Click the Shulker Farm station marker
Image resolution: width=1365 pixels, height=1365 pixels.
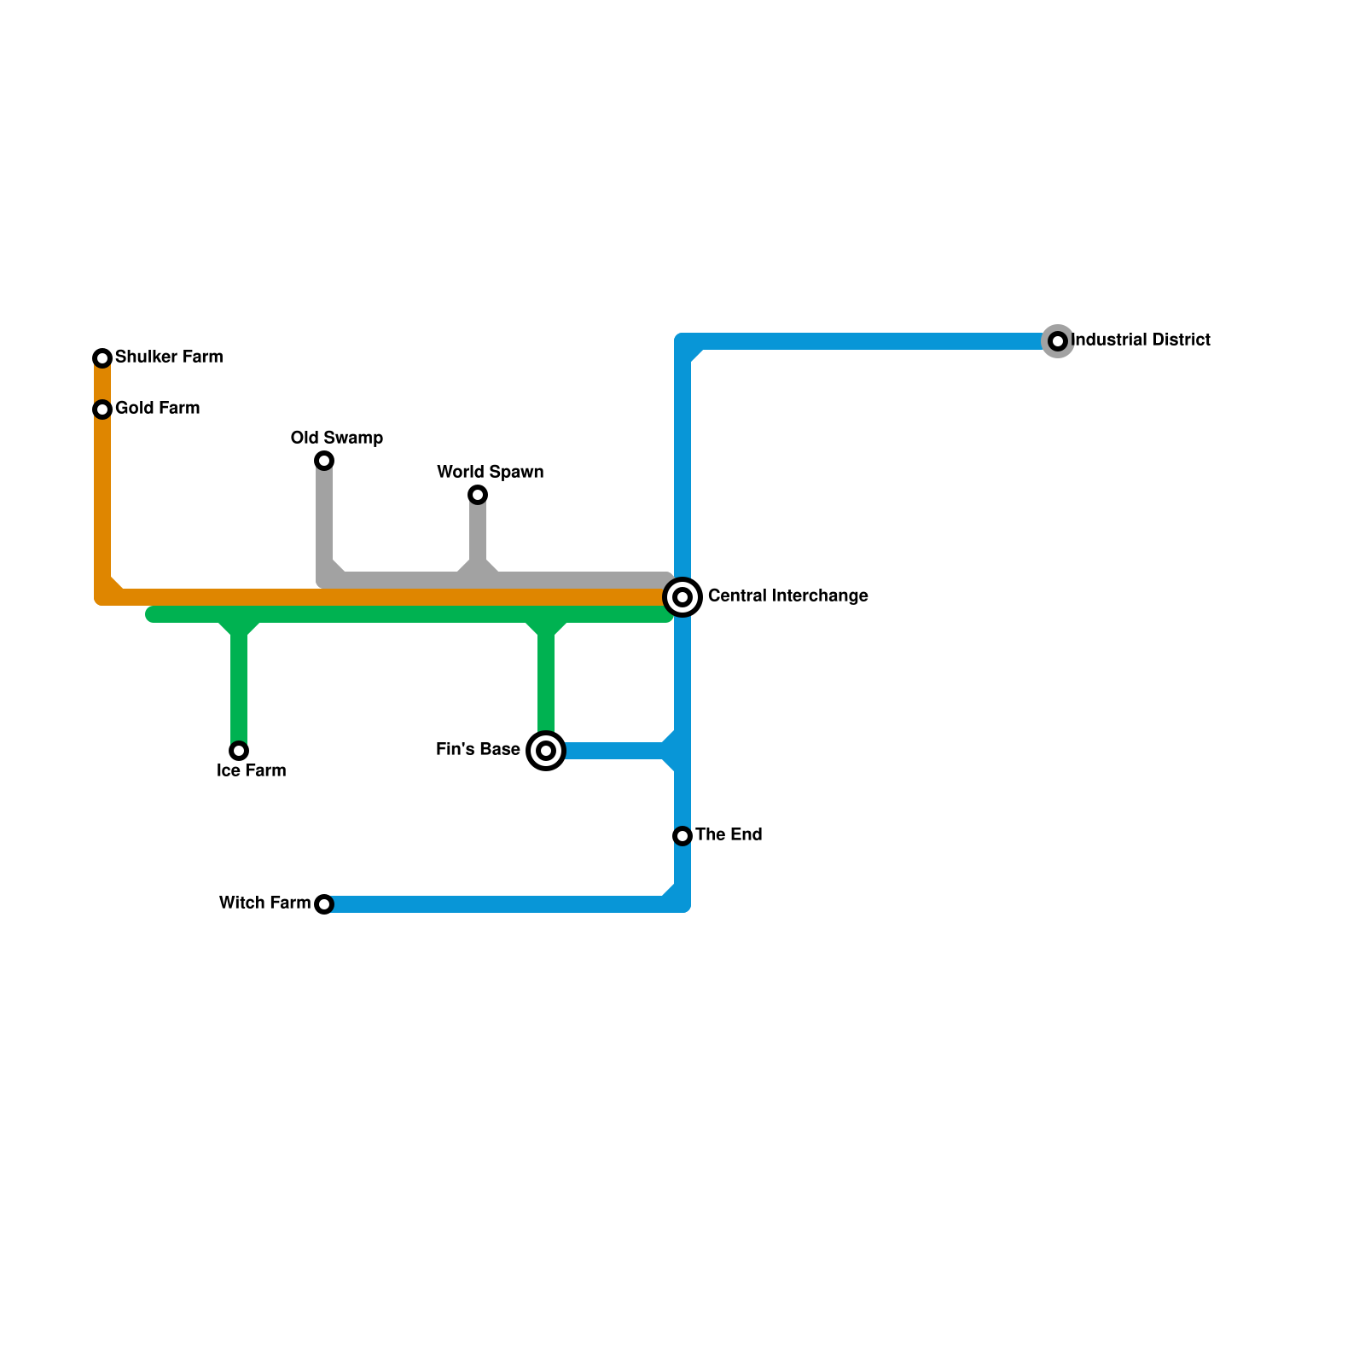pyautogui.click(x=102, y=358)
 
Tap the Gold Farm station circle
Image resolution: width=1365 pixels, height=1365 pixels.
pyautogui.click(x=102, y=409)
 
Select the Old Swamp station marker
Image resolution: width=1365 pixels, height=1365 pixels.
pyautogui.click(x=324, y=461)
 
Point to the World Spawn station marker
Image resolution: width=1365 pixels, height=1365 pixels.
pyautogui.click(x=478, y=495)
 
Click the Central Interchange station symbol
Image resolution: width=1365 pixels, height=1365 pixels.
pyautogui.click(x=682, y=597)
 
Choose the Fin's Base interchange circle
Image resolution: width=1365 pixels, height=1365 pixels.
pyautogui.click(x=546, y=751)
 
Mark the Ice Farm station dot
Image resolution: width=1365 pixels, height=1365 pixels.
pyautogui.click(x=239, y=751)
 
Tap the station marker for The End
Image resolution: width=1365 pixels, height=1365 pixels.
pyautogui.click(x=682, y=836)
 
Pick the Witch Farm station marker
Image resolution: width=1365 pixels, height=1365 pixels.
pyautogui.click(x=324, y=904)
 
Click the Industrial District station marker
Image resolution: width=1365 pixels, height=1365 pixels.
pyautogui.click(x=1058, y=341)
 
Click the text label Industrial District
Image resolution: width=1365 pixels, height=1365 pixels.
pyautogui.click(x=1140, y=340)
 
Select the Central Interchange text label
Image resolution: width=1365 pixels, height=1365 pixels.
pyautogui.click(x=787, y=595)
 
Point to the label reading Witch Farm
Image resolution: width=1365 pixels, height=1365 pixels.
pyautogui.click(x=264, y=903)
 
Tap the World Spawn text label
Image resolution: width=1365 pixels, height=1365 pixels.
pyautogui.click(x=490, y=472)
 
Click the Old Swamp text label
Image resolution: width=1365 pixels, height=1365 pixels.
pyautogui.click(x=336, y=438)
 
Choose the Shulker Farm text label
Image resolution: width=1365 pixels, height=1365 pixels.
pyautogui.click(x=169, y=357)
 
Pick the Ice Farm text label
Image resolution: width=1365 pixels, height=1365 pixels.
pyautogui.click(x=251, y=770)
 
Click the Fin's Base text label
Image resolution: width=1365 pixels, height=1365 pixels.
pyautogui.click(x=478, y=749)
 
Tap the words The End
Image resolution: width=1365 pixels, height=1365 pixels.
pyautogui.click(x=729, y=834)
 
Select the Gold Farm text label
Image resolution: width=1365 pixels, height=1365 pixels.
pyautogui.click(x=157, y=408)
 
